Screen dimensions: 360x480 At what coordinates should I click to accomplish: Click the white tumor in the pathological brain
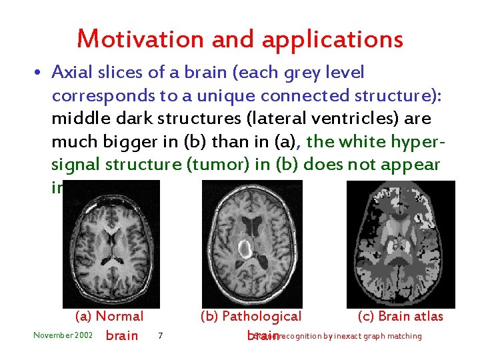pos(244,249)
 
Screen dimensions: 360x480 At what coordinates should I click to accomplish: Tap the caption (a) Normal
pos(109,316)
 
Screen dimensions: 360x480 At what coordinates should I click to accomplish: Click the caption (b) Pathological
pos(251,316)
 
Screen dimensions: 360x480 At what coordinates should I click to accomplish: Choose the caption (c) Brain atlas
pos(400,316)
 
